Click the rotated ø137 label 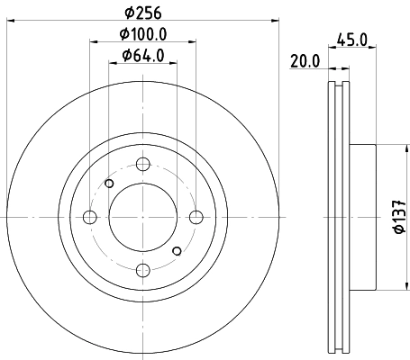397,216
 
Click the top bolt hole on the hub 142,165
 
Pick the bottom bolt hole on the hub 142,269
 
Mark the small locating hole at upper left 109,184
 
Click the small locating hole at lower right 177,250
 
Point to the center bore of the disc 142,217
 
